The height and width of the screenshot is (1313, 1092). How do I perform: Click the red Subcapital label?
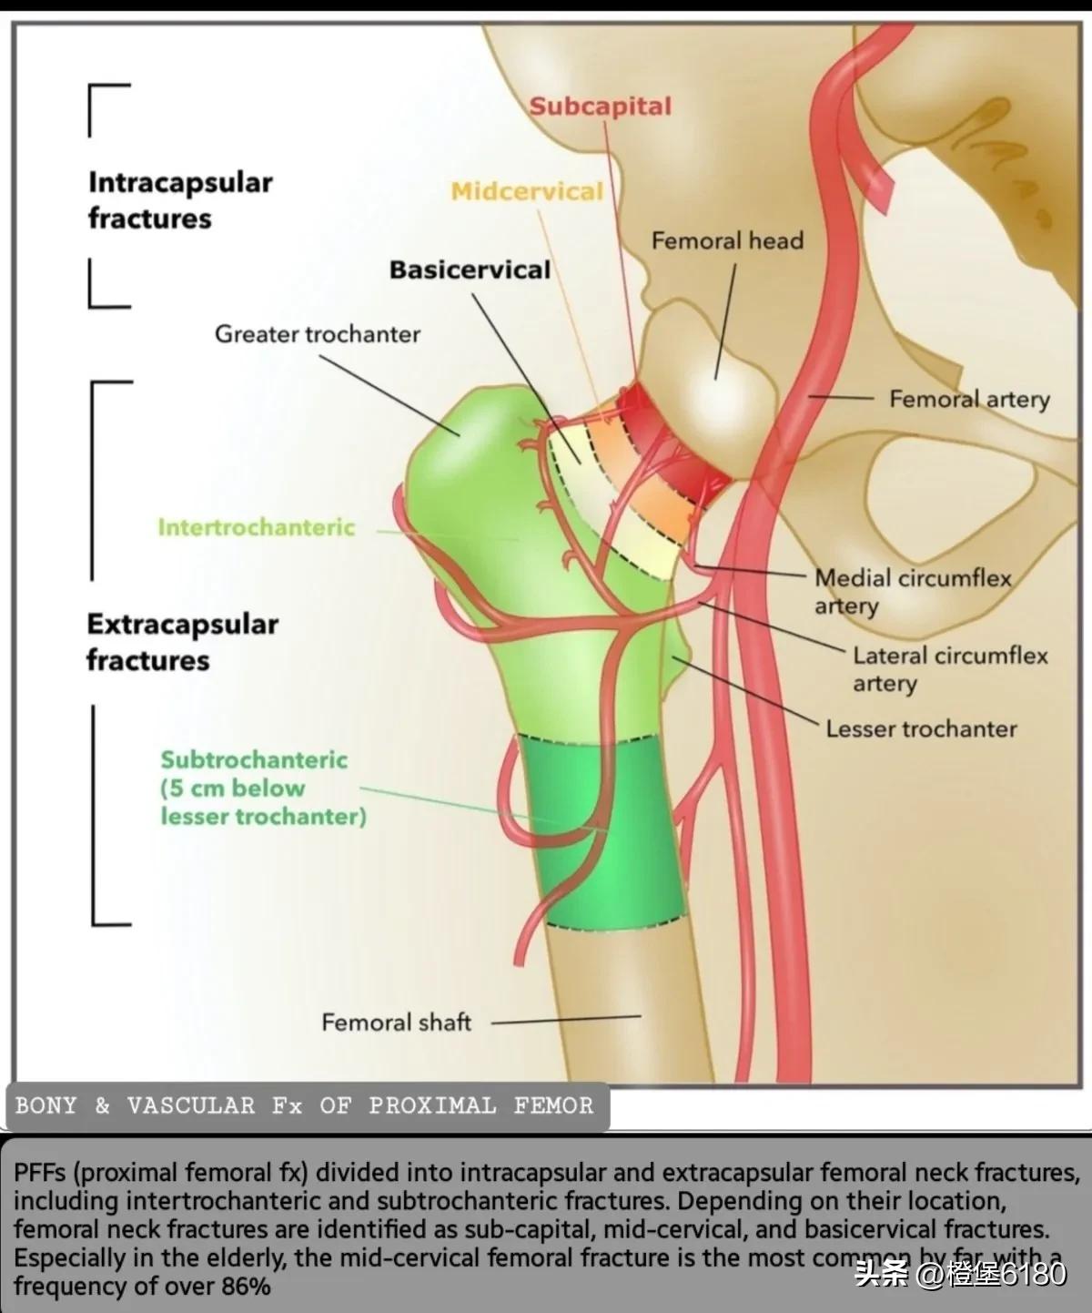pos(600,107)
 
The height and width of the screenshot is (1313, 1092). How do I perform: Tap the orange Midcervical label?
pos(527,191)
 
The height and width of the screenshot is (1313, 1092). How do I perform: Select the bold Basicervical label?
pos(470,270)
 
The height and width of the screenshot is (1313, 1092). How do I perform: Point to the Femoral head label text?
pos(727,241)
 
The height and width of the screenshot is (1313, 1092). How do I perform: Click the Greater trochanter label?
pos(317,334)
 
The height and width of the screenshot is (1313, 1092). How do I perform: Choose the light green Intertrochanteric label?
pos(256,527)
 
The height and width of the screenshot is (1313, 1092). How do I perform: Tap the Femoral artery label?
pos(969,399)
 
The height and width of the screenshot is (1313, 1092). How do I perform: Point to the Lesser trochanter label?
pos(921,728)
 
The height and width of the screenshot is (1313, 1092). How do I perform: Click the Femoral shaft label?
pos(396,1023)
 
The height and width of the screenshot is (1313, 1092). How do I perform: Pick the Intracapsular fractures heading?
pos(179,200)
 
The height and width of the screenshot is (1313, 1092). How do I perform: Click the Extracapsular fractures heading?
pos(182,642)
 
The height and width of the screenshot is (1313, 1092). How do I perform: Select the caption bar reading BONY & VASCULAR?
pos(304,1106)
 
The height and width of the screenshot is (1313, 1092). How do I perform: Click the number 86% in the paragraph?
pos(247,1287)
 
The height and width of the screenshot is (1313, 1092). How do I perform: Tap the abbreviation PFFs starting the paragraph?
pos(39,1173)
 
